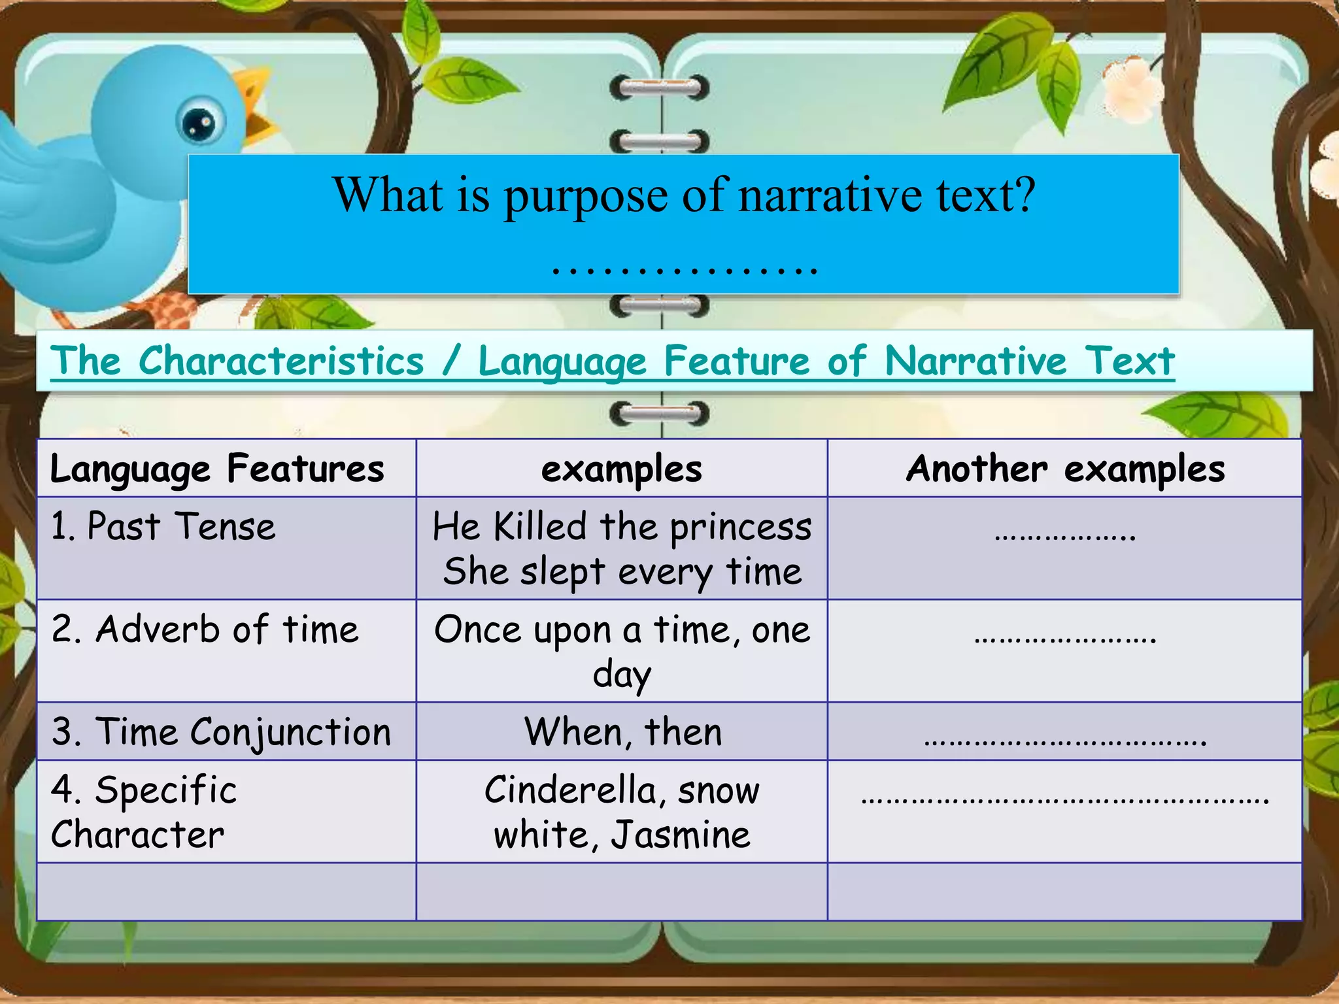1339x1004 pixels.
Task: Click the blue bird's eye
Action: click(201, 122)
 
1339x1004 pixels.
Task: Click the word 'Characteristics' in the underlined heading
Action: click(281, 361)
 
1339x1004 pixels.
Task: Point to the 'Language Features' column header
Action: click(217, 469)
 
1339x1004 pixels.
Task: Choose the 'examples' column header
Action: click(621, 469)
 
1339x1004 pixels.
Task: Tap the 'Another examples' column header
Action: click(1065, 469)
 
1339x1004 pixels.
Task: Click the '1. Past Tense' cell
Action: click(163, 527)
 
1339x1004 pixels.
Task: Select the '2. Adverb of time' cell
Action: click(205, 629)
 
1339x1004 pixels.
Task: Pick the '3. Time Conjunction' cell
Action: click(221, 732)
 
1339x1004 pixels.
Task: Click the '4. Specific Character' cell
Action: click(144, 812)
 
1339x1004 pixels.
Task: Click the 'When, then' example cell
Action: click(622, 732)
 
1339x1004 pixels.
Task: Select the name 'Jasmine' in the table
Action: click(680, 835)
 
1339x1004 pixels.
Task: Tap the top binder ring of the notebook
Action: click(659, 88)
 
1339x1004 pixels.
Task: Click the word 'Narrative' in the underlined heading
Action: click(975, 361)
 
